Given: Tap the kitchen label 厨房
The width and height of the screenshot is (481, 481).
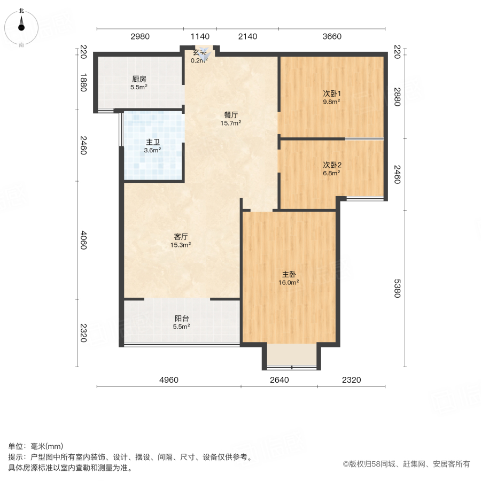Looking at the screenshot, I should pos(139,79).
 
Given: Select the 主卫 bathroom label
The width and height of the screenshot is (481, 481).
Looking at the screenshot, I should pos(152,142).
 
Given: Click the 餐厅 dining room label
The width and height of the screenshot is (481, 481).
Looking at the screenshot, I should pos(231,114).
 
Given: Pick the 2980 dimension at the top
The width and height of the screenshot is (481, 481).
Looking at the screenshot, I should pos(140,37).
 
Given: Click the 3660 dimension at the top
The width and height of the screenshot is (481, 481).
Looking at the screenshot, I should pos(331,37).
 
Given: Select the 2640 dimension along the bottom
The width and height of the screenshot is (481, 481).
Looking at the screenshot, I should pos(279,380).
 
